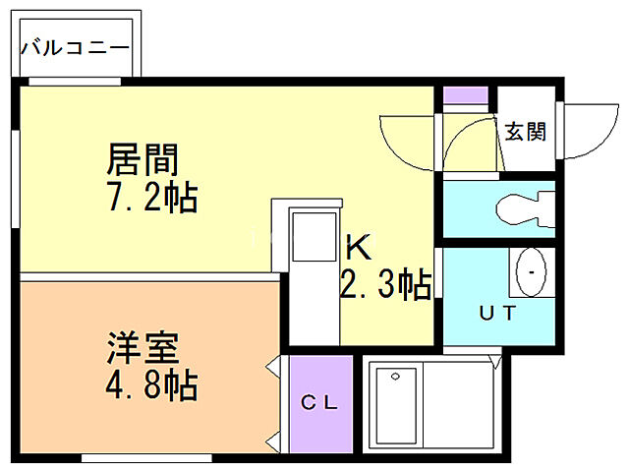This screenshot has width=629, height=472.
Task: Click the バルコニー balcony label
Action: tap(74, 46)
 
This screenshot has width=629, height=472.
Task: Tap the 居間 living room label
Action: tap(143, 158)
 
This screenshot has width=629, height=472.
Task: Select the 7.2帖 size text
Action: tap(152, 198)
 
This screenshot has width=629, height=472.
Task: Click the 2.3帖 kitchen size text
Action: tap(384, 285)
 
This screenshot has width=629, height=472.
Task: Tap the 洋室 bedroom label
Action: tap(143, 348)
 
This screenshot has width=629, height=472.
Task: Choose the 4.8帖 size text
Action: tap(152, 384)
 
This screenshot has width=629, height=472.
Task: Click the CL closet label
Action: tap(318, 402)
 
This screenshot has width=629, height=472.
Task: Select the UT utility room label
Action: tap(495, 313)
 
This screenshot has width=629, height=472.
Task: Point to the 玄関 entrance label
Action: tap(526, 131)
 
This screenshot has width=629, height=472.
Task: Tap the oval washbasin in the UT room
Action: tap(532, 269)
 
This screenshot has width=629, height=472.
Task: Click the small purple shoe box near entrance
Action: tap(465, 97)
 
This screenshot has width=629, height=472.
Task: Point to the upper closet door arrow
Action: tap(274, 368)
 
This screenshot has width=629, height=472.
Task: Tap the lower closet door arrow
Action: tap(274, 437)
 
